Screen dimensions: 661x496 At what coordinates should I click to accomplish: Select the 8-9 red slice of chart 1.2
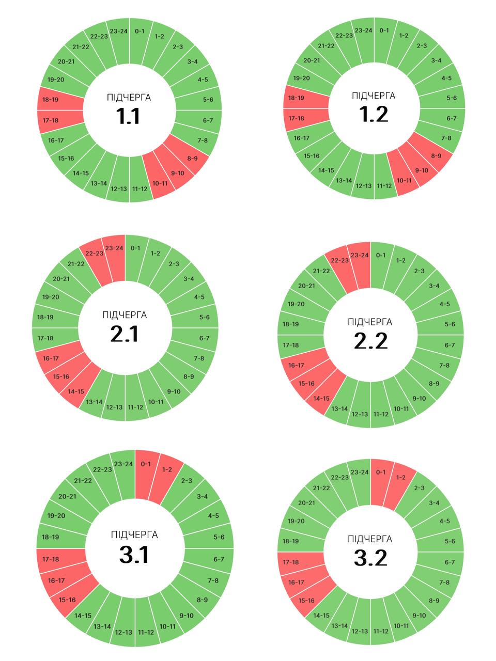[436, 155]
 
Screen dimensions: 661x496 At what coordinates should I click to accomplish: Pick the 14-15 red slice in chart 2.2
[322, 398]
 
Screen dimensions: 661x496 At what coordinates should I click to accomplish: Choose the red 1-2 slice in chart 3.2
[400, 478]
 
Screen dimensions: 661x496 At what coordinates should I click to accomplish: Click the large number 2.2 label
[371, 341]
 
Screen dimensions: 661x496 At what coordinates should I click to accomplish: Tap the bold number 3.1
[134, 555]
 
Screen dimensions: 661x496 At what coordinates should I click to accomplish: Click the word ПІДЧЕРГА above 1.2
[374, 96]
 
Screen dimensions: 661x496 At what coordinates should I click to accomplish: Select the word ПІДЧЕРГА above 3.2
[370, 539]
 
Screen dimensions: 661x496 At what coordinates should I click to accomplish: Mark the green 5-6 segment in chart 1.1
[208, 99]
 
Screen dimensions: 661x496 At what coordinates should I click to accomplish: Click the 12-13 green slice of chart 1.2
[363, 185]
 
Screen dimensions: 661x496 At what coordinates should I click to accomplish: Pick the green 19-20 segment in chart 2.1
[51, 297]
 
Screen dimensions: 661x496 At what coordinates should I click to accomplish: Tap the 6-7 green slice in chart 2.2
[450, 345]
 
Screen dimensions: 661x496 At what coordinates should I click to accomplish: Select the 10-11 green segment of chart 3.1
[167, 626]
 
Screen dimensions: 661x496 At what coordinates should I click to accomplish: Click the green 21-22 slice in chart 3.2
[321, 488]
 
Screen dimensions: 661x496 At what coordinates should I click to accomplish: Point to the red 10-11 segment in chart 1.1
[160, 183]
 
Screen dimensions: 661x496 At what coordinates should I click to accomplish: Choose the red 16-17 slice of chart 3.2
[297, 583]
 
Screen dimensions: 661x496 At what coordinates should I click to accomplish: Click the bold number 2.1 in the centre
[125, 335]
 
